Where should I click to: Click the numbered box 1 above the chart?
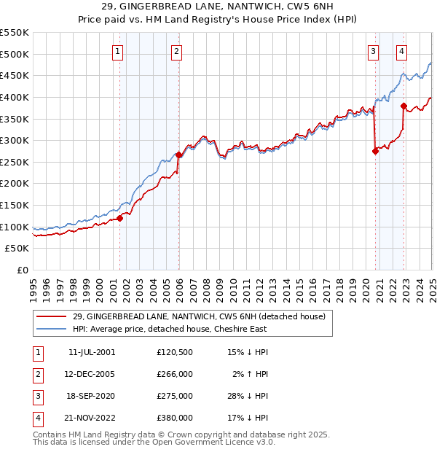(x=117, y=51)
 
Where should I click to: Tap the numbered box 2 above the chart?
(x=177, y=51)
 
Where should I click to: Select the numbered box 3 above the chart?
(x=373, y=51)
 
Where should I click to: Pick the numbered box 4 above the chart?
(x=402, y=51)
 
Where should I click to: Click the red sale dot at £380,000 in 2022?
(x=403, y=106)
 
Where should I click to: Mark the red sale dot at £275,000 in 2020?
(x=375, y=152)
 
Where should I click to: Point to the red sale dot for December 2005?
(x=178, y=155)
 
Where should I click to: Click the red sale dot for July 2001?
(x=120, y=218)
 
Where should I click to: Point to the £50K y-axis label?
(x=17, y=249)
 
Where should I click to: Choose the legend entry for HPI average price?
(x=170, y=329)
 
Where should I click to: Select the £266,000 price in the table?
(x=175, y=374)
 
